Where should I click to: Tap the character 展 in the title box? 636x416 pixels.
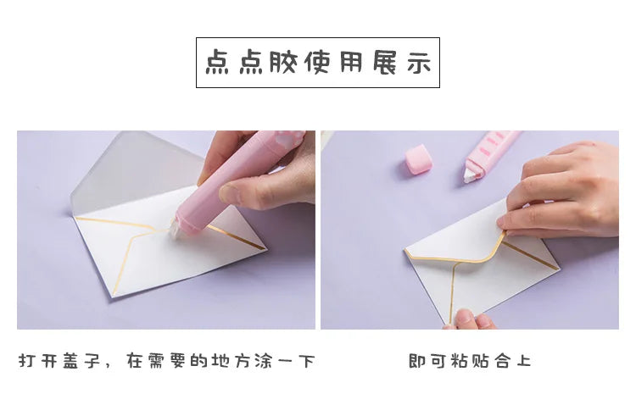385,63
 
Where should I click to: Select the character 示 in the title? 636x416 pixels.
419,63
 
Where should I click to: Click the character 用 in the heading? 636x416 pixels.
351,63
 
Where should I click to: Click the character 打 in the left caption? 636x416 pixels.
27,361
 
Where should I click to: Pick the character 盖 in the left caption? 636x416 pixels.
70,361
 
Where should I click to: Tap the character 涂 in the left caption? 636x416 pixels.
264,361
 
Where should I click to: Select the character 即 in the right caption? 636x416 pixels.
416,361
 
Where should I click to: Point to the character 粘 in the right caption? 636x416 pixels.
460,361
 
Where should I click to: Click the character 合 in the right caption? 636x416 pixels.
503,361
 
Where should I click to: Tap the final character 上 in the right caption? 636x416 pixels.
524,361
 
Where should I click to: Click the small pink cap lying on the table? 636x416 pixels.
418,158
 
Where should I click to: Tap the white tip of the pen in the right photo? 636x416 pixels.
471,175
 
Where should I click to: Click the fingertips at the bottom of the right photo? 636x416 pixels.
471,319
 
